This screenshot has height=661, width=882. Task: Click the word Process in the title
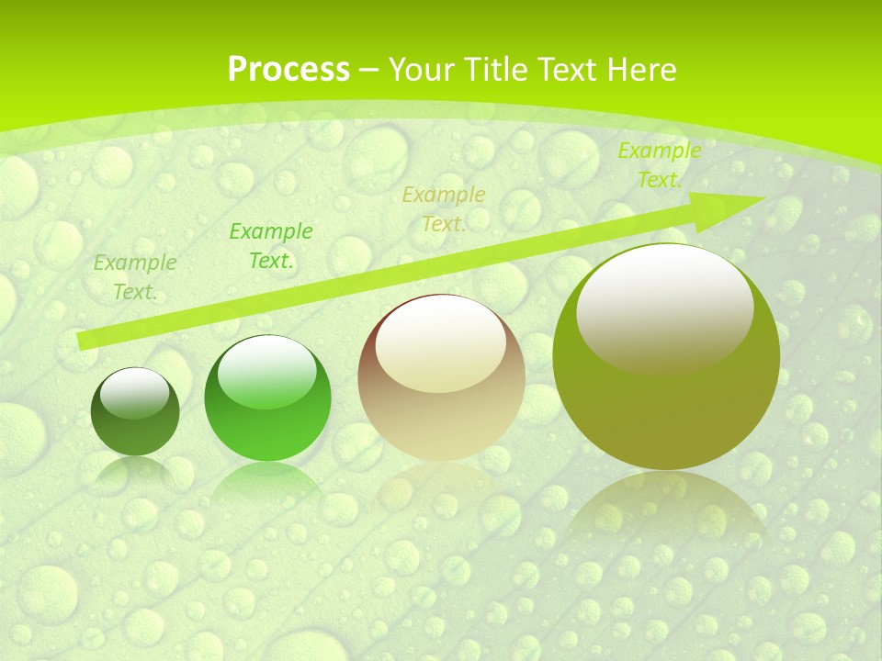(x=288, y=70)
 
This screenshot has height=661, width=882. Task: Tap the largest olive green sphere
(x=666, y=404)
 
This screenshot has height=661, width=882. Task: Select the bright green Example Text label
(x=271, y=246)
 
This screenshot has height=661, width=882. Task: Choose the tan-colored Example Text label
(x=444, y=209)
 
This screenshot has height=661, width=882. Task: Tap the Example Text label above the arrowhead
(x=659, y=165)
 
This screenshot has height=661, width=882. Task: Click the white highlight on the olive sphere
(x=664, y=308)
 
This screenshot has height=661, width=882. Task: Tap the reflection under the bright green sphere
(x=267, y=482)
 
